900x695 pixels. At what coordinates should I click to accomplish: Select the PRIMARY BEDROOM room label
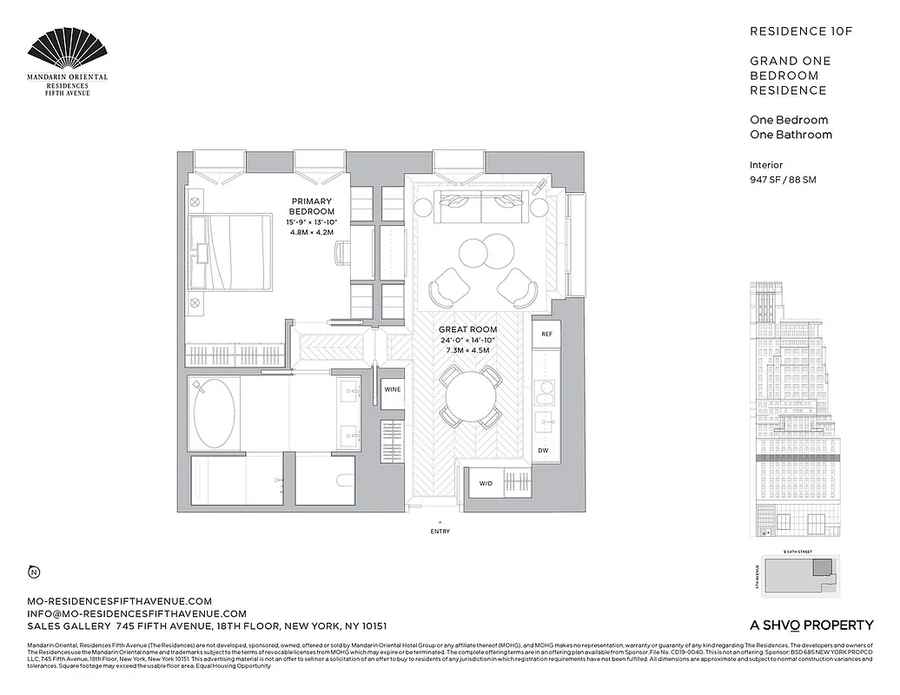click(x=312, y=206)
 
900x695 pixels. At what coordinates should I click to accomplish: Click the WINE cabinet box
click(x=393, y=390)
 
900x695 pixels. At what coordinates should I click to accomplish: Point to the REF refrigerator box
click(x=546, y=334)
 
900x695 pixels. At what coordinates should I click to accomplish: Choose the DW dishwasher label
click(x=543, y=450)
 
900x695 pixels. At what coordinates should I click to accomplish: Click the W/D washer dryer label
click(x=485, y=483)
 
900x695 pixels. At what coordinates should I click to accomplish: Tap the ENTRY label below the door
click(x=440, y=532)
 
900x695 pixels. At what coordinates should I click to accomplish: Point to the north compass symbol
click(x=33, y=572)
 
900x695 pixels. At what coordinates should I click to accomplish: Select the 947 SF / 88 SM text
click(x=783, y=180)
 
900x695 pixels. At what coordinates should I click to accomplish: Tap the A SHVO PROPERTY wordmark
click(x=811, y=625)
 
